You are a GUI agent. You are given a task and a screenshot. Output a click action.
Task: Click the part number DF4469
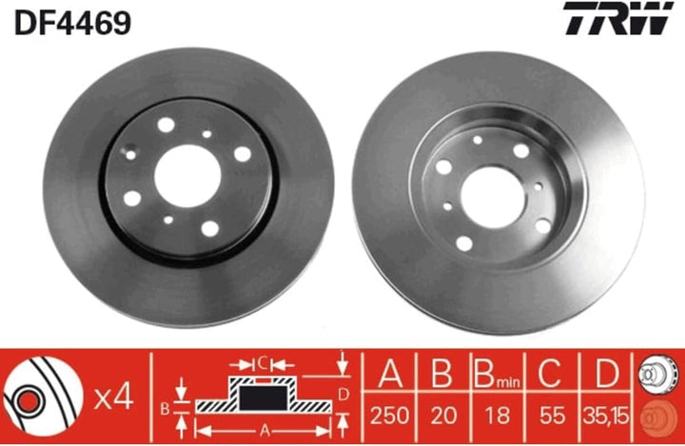coord(72,23)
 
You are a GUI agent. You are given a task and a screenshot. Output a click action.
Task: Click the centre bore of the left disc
coord(187,176)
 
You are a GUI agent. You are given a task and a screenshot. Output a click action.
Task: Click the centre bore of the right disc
coord(493,197)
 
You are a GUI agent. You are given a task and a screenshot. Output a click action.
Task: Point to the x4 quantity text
coord(113,398)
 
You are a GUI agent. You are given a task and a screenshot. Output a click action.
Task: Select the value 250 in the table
coord(390,415)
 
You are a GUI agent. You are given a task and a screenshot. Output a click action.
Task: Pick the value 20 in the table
coord(443,415)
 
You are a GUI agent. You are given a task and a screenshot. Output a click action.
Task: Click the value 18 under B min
coord(498,415)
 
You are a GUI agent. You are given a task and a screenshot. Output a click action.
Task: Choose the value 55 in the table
coord(552,415)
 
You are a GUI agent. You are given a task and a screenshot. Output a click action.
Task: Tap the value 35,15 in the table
coord(606,415)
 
